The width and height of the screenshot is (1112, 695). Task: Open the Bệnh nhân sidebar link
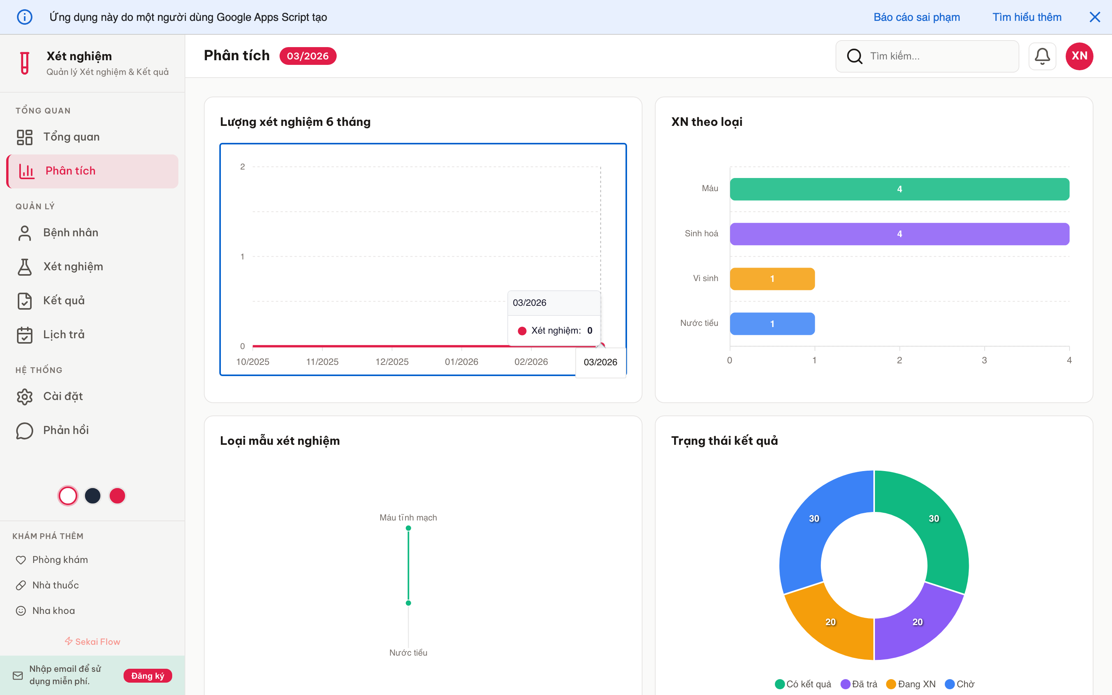pos(70,232)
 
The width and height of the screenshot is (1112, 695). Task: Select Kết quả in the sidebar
pos(63,301)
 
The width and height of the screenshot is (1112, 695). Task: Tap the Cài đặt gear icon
pos(25,397)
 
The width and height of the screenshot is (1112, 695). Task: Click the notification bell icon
pos(1042,56)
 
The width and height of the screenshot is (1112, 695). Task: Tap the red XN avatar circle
pos(1079,56)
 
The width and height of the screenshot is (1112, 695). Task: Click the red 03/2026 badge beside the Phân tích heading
pos(307,56)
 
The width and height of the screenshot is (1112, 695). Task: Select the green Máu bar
pos(899,189)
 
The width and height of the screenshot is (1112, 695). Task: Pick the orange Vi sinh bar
pos(772,278)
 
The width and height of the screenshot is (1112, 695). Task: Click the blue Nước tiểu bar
pos(772,324)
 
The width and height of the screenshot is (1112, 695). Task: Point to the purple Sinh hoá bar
pos(899,234)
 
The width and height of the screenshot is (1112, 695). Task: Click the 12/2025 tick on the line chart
pos(392,361)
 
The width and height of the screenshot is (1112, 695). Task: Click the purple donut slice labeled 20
pos(917,622)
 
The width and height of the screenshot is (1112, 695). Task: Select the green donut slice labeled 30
pos(934,519)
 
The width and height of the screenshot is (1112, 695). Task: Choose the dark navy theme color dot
pos(92,495)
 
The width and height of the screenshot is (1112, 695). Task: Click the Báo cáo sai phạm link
pos(916,17)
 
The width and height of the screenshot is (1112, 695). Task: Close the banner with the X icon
pos(1095,17)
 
